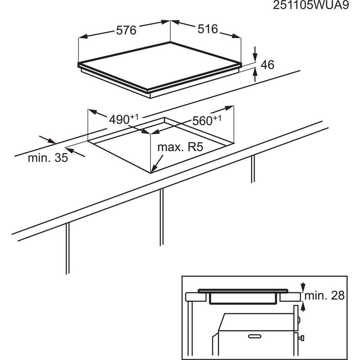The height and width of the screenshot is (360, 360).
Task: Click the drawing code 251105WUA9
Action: (311, 5)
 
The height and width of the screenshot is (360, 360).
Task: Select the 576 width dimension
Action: (126, 30)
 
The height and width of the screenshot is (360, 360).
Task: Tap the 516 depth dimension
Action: (208, 29)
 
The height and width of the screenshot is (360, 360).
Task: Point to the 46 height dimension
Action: (267, 65)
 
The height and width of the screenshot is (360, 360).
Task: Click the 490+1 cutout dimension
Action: (124, 119)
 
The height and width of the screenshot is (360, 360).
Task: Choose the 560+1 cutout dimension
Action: (207, 120)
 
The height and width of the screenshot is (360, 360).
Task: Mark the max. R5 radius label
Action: (180, 147)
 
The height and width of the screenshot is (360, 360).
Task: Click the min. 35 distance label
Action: (48, 158)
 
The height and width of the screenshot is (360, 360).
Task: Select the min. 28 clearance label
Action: (324, 296)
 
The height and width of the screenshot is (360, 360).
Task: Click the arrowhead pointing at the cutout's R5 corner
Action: (154, 169)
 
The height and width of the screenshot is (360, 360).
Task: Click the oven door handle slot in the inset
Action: (255, 336)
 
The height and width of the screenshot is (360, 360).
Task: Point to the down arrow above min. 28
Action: (303, 287)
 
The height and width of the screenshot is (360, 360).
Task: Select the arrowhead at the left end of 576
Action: (83, 36)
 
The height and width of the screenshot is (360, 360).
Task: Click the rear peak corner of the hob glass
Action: (170, 42)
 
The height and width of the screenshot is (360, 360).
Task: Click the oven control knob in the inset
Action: (301, 338)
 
